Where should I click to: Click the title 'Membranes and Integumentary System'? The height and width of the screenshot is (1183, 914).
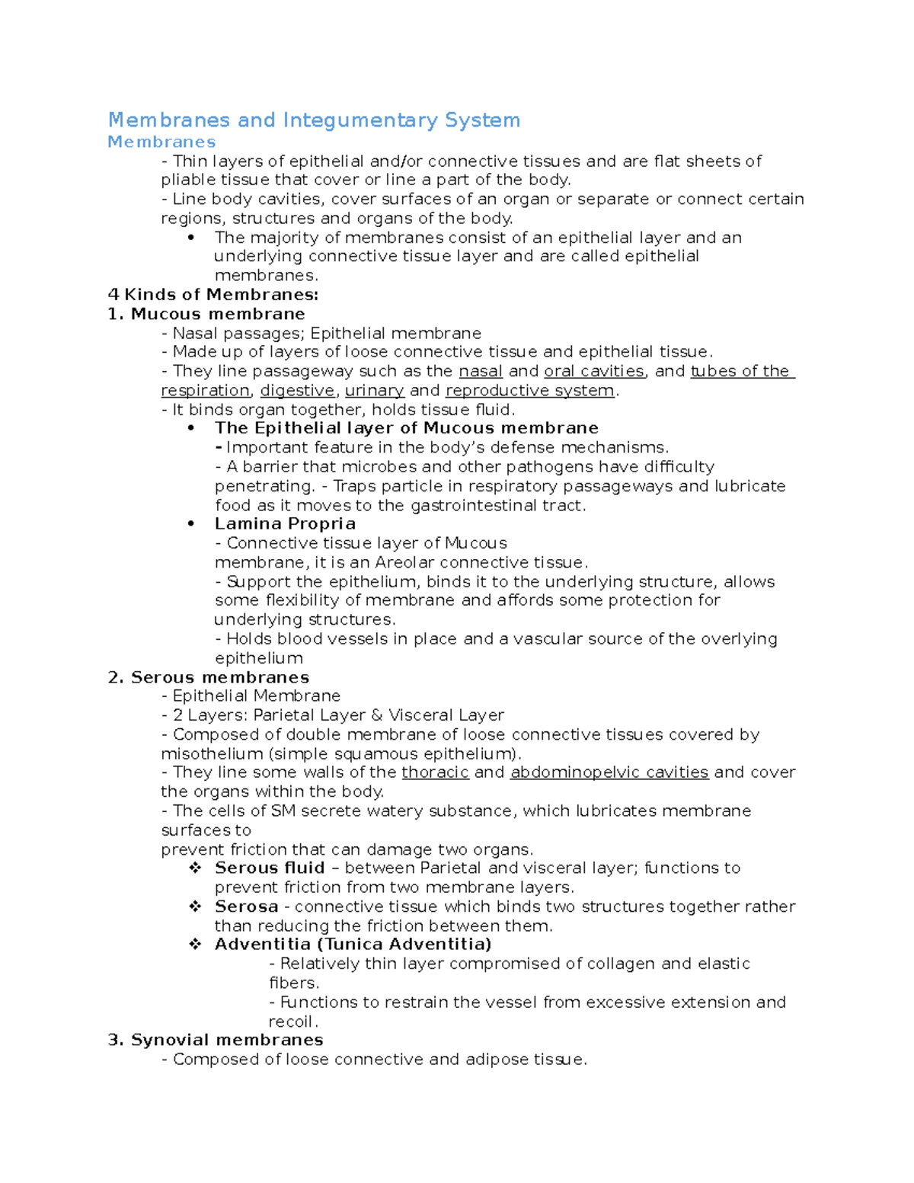[x=314, y=120]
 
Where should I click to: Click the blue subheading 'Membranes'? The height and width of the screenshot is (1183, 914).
[x=161, y=142]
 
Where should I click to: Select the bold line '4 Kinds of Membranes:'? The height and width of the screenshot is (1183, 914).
[x=213, y=295]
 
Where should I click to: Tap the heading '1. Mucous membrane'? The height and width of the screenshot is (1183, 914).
[x=206, y=314]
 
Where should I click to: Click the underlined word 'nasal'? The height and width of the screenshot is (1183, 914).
[x=481, y=372]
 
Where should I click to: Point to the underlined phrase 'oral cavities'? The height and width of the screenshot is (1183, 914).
[x=594, y=372]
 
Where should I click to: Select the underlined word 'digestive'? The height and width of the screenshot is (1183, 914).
[x=297, y=391]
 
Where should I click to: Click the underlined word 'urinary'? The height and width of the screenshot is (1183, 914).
[x=374, y=391]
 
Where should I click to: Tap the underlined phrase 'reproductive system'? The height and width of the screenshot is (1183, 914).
[x=530, y=391]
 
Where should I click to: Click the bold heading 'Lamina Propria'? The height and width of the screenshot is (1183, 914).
[x=285, y=524]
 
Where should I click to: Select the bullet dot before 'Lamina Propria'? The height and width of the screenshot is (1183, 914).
[x=191, y=524]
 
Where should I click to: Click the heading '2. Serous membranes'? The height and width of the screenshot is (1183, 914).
[x=209, y=677]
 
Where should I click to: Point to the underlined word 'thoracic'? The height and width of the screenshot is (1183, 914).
[x=435, y=772]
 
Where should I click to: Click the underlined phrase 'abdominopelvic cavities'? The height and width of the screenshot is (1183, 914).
[x=609, y=772]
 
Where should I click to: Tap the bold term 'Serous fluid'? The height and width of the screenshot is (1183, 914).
[x=270, y=868]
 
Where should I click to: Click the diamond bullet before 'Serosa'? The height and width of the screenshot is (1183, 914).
[x=196, y=906]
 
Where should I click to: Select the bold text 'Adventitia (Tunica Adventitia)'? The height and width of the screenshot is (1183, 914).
[x=353, y=945]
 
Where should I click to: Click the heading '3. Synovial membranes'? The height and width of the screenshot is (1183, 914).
[x=216, y=1040]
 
